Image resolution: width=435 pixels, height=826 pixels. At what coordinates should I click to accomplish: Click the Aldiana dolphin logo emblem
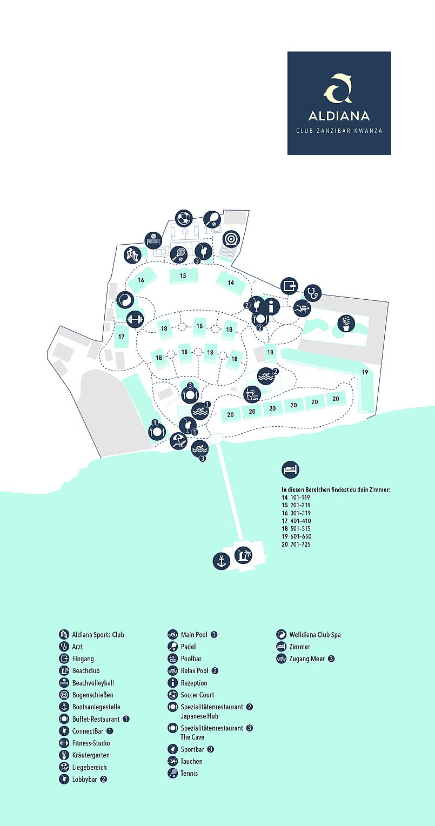pos(338,88)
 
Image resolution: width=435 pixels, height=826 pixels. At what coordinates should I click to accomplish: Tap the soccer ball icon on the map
pos(184,218)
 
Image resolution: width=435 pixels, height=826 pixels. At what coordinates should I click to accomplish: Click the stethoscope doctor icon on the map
pos(313,293)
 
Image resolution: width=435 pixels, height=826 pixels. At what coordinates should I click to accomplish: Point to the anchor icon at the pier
pos(221,561)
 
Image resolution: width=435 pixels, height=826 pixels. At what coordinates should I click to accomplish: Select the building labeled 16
pos(141,280)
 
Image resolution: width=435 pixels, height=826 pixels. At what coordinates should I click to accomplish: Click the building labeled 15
pos(183,276)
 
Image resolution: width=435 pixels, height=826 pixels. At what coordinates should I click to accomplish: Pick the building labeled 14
pos(231,283)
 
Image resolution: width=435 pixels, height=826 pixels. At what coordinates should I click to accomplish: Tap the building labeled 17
pos(122,337)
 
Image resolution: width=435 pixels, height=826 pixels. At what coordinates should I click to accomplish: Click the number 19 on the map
pos(365,372)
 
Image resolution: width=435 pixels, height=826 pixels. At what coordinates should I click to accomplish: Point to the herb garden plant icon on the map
pos(346,323)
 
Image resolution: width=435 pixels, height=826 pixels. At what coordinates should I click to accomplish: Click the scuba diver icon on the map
pos(303,308)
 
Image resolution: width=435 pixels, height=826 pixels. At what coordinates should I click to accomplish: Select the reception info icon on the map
pos(271,306)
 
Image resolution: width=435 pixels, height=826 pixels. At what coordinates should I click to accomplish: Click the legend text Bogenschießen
pos(92,695)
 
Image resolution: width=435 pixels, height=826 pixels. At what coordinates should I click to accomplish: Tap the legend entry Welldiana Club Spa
pos(314,635)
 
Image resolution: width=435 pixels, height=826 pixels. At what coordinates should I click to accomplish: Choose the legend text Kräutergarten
pos(90,755)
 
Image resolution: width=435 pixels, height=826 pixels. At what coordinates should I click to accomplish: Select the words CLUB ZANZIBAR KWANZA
pos(339,131)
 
